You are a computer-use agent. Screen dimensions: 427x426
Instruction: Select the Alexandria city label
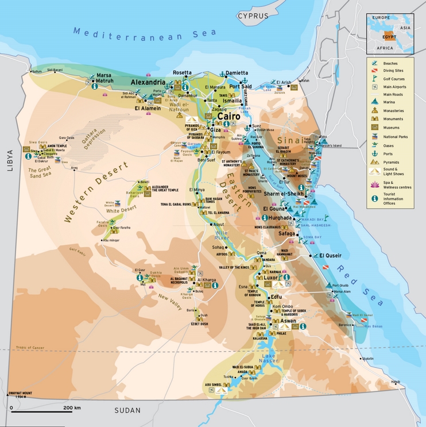point(148,83)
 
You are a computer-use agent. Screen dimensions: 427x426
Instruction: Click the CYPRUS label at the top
point(253,16)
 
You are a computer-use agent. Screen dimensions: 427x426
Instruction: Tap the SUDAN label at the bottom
point(127,410)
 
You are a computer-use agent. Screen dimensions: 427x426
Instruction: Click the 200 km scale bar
point(39,410)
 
